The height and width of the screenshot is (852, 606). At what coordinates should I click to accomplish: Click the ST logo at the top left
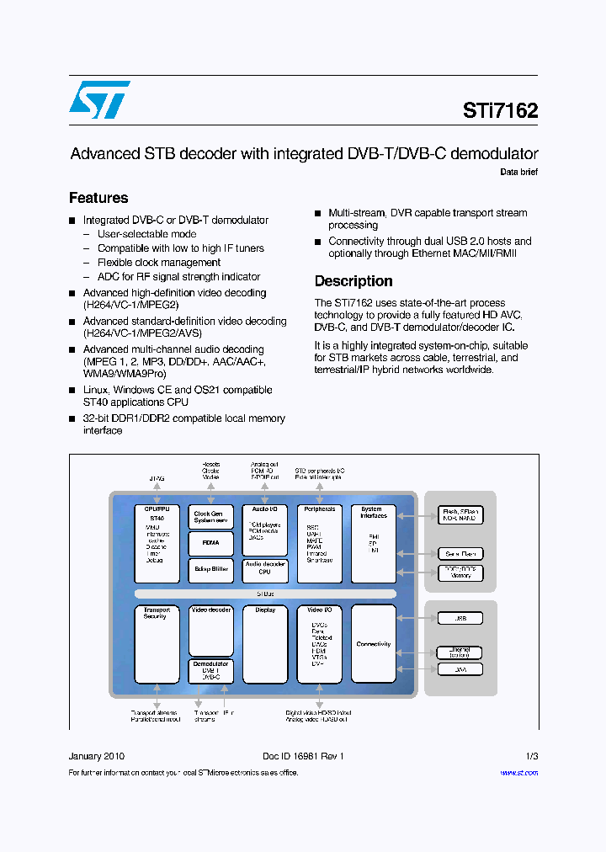tap(99, 100)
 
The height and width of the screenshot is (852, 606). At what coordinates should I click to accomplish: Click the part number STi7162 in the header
tap(500, 110)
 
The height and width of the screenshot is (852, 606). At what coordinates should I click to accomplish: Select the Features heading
tap(98, 198)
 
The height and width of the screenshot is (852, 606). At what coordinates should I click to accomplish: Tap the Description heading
tap(353, 281)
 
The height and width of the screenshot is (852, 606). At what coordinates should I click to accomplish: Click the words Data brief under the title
tap(518, 172)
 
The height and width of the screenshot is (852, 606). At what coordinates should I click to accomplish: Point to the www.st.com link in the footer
tap(518, 773)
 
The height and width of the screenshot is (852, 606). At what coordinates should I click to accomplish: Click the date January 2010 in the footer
tap(97, 756)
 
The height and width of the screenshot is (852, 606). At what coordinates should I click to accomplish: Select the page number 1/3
tap(531, 756)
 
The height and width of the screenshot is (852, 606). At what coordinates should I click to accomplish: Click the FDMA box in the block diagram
tap(210, 543)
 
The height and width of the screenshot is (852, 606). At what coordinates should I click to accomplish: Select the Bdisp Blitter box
tap(210, 569)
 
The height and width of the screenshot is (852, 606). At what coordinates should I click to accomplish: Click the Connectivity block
tap(374, 644)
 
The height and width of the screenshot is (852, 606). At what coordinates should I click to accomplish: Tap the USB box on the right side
tap(460, 618)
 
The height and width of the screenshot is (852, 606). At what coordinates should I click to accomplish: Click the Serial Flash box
tap(460, 553)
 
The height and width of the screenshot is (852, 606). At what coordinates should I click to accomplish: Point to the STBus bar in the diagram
tap(264, 594)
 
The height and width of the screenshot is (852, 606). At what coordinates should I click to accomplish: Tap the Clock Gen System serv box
tap(210, 517)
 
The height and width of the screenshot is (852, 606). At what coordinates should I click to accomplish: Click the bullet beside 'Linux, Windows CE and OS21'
tap(73, 391)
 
